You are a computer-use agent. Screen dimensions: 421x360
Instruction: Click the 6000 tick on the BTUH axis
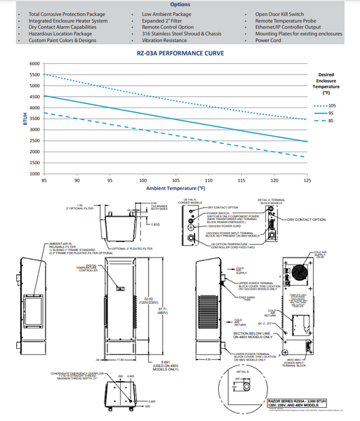tap(33, 63)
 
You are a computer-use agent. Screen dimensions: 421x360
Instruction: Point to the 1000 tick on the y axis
tap(33, 173)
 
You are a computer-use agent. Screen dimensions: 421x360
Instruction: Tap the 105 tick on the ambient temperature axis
tap(175, 180)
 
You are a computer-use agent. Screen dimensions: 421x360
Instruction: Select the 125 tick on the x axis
tap(307, 180)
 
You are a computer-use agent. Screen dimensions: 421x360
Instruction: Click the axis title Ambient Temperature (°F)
tap(175, 188)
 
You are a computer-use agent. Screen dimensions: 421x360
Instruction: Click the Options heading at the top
tap(180, 5)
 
